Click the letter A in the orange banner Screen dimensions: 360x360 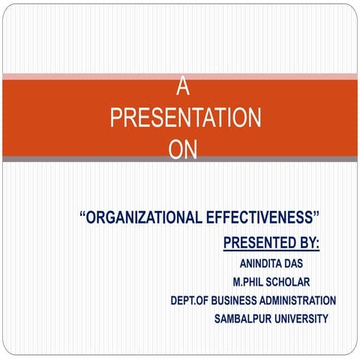pos(182,88)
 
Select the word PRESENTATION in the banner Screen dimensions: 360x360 pos(185,118)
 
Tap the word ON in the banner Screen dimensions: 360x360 pos(183,151)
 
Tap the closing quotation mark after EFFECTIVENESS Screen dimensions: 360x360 pos(317,217)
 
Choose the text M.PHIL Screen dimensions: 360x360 pos(252,282)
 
